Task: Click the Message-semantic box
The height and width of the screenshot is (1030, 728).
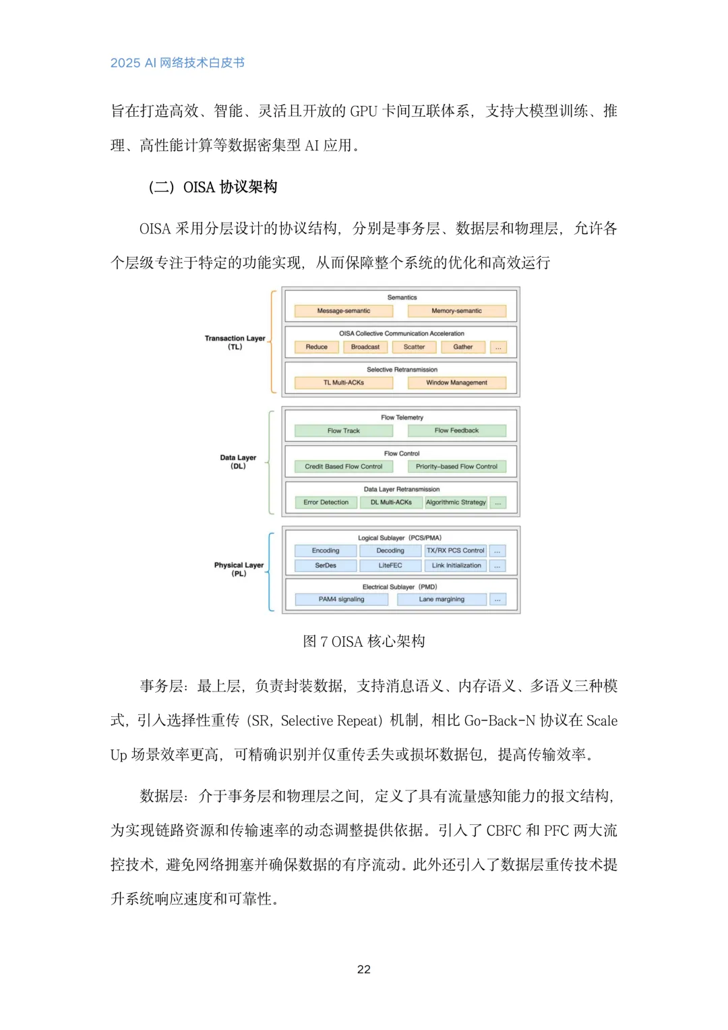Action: pyautogui.click(x=344, y=311)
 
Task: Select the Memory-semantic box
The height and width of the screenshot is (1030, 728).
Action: pyautogui.click(x=456, y=311)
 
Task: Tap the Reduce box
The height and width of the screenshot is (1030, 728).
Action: pyautogui.click(x=316, y=347)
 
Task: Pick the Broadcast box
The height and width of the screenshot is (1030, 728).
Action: pyautogui.click(x=365, y=347)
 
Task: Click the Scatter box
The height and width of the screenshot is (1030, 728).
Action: pyautogui.click(x=414, y=347)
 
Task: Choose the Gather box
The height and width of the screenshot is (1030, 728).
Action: pyautogui.click(x=462, y=347)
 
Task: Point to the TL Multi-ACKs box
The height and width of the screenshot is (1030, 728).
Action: pyautogui.click(x=344, y=383)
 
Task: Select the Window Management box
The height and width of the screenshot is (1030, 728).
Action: pyautogui.click(x=456, y=383)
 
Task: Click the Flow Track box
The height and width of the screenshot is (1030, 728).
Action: pyautogui.click(x=344, y=431)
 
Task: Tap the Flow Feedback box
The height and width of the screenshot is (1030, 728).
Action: pyautogui.click(x=456, y=431)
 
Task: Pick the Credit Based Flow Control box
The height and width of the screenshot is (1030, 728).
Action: pyautogui.click(x=344, y=467)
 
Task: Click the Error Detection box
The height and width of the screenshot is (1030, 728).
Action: pyautogui.click(x=326, y=503)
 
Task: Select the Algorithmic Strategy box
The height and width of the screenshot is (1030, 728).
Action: pyautogui.click(x=456, y=503)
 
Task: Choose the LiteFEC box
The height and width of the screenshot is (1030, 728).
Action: pyautogui.click(x=390, y=566)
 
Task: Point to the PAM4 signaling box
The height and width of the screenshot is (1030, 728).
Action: pyautogui.click(x=341, y=600)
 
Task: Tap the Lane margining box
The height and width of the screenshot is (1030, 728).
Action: pyautogui.click(x=442, y=600)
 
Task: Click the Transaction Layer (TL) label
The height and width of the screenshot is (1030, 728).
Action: pyautogui.click(x=235, y=343)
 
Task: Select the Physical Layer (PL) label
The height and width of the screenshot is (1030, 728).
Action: pyautogui.click(x=239, y=569)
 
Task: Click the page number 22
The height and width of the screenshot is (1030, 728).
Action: pyautogui.click(x=364, y=969)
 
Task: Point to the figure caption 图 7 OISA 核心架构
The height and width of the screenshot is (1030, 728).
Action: pyautogui.click(x=364, y=641)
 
